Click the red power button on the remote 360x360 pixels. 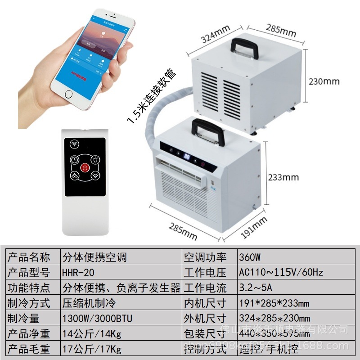[x=85, y=168]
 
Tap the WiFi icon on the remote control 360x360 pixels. [x=74, y=144]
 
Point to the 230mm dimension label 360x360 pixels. [x=324, y=82]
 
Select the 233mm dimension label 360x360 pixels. [x=283, y=177]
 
